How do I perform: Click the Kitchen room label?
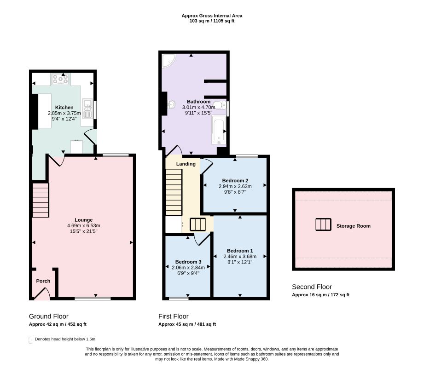click(x=64, y=108)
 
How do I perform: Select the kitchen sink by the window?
click(x=87, y=109)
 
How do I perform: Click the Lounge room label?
click(x=83, y=220)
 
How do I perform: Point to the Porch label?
click(x=43, y=281)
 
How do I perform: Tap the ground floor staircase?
click(x=41, y=200)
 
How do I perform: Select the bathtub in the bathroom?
click(x=218, y=129)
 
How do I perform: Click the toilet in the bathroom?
click(x=219, y=105)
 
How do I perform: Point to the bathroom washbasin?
click(x=171, y=104)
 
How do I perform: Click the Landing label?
click(x=186, y=164)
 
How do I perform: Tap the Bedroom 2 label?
click(x=235, y=180)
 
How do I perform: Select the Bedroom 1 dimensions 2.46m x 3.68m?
click(x=240, y=256)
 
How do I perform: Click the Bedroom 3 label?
click(x=188, y=262)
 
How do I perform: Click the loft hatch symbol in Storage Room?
click(x=323, y=224)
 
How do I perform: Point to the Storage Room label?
click(x=354, y=226)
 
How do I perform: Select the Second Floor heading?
click(x=312, y=287)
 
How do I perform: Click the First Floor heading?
click(x=174, y=316)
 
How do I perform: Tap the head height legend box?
click(x=30, y=340)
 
